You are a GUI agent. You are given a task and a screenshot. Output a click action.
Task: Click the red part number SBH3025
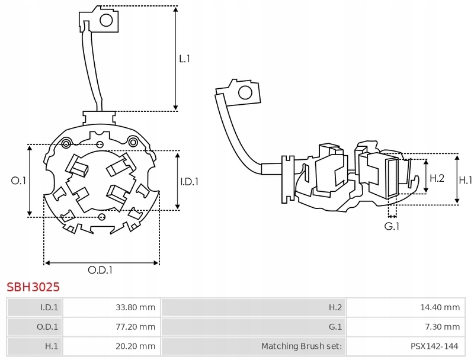[33, 287]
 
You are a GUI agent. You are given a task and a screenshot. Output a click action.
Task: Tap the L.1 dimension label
[184, 59]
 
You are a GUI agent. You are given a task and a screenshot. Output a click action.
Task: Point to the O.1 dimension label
[18, 181]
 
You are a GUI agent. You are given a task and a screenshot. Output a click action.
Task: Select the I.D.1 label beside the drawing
[189, 182]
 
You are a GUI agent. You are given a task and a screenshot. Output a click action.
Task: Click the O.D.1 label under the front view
[100, 270]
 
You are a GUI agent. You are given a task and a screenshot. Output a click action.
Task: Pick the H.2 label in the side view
[437, 178]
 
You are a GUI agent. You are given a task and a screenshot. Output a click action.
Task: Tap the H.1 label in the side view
[465, 181]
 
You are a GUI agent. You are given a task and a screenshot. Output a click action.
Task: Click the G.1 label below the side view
[392, 226]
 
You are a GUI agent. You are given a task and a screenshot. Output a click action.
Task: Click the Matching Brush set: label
[302, 346]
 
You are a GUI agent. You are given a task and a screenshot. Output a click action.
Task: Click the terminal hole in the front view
[106, 21]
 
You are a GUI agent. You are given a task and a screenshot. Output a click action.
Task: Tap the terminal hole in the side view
[245, 93]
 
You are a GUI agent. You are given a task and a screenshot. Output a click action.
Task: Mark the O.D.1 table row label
[47, 327]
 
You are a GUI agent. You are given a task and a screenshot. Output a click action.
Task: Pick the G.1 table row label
[335, 327]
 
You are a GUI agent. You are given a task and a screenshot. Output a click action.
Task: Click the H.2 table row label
[335, 307]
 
